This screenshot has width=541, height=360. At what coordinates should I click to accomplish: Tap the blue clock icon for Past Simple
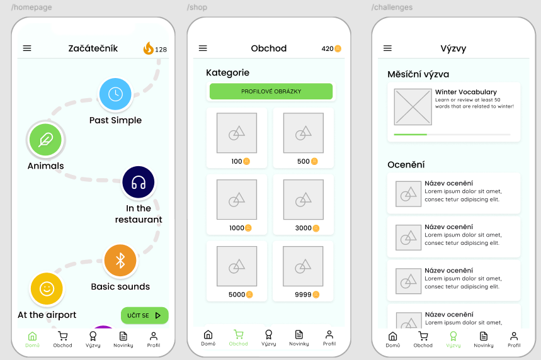click(x=115, y=94)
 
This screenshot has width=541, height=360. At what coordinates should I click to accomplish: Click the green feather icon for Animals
click(x=45, y=140)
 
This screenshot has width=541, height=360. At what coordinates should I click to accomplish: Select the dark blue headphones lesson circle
click(x=139, y=182)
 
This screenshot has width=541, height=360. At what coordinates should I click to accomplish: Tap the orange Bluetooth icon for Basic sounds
click(x=120, y=261)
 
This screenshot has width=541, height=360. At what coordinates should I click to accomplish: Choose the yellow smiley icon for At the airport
click(x=47, y=289)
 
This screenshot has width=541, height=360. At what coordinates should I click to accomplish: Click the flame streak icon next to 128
click(x=149, y=48)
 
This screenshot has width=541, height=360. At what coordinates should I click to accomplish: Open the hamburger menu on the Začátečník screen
click(x=27, y=48)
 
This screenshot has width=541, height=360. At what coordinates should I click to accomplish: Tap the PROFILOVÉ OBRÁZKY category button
click(x=271, y=91)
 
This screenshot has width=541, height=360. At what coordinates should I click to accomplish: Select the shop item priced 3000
click(x=304, y=205)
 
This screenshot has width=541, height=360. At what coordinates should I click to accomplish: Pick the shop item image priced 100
click(x=237, y=133)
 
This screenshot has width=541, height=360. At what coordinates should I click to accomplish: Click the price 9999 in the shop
click(x=303, y=295)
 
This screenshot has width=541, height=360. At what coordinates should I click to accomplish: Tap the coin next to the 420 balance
click(x=338, y=48)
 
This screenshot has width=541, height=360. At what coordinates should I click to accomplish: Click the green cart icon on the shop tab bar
click(x=239, y=334)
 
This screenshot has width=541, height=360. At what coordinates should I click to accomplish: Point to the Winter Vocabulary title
click(x=466, y=92)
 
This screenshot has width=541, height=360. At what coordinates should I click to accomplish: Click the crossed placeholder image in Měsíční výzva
click(x=413, y=107)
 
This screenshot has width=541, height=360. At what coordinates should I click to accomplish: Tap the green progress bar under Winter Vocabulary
click(x=410, y=135)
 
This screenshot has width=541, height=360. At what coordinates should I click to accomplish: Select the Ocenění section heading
click(x=406, y=165)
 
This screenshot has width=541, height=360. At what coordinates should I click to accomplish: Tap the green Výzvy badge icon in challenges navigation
click(x=453, y=336)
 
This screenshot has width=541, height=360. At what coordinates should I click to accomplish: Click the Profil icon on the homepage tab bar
click(x=154, y=336)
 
